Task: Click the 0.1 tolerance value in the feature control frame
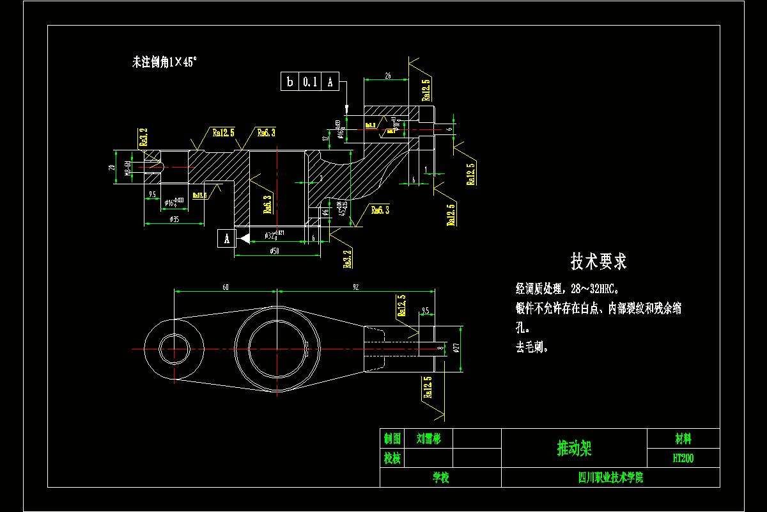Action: click(x=310, y=82)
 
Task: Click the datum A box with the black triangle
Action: click(x=226, y=239)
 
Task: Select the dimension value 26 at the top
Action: click(x=387, y=76)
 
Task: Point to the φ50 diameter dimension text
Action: click(x=275, y=252)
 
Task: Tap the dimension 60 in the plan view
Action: click(x=226, y=287)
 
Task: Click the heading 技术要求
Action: click(x=598, y=261)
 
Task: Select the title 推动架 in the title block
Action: click(x=574, y=449)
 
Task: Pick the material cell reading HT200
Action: click(x=683, y=458)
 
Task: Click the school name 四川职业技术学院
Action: click(x=610, y=477)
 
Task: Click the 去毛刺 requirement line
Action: click(x=532, y=348)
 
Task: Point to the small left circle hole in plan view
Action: click(x=174, y=349)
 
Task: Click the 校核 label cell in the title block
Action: click(x=392, y=458)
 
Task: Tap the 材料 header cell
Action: click(x=683, y=438)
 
